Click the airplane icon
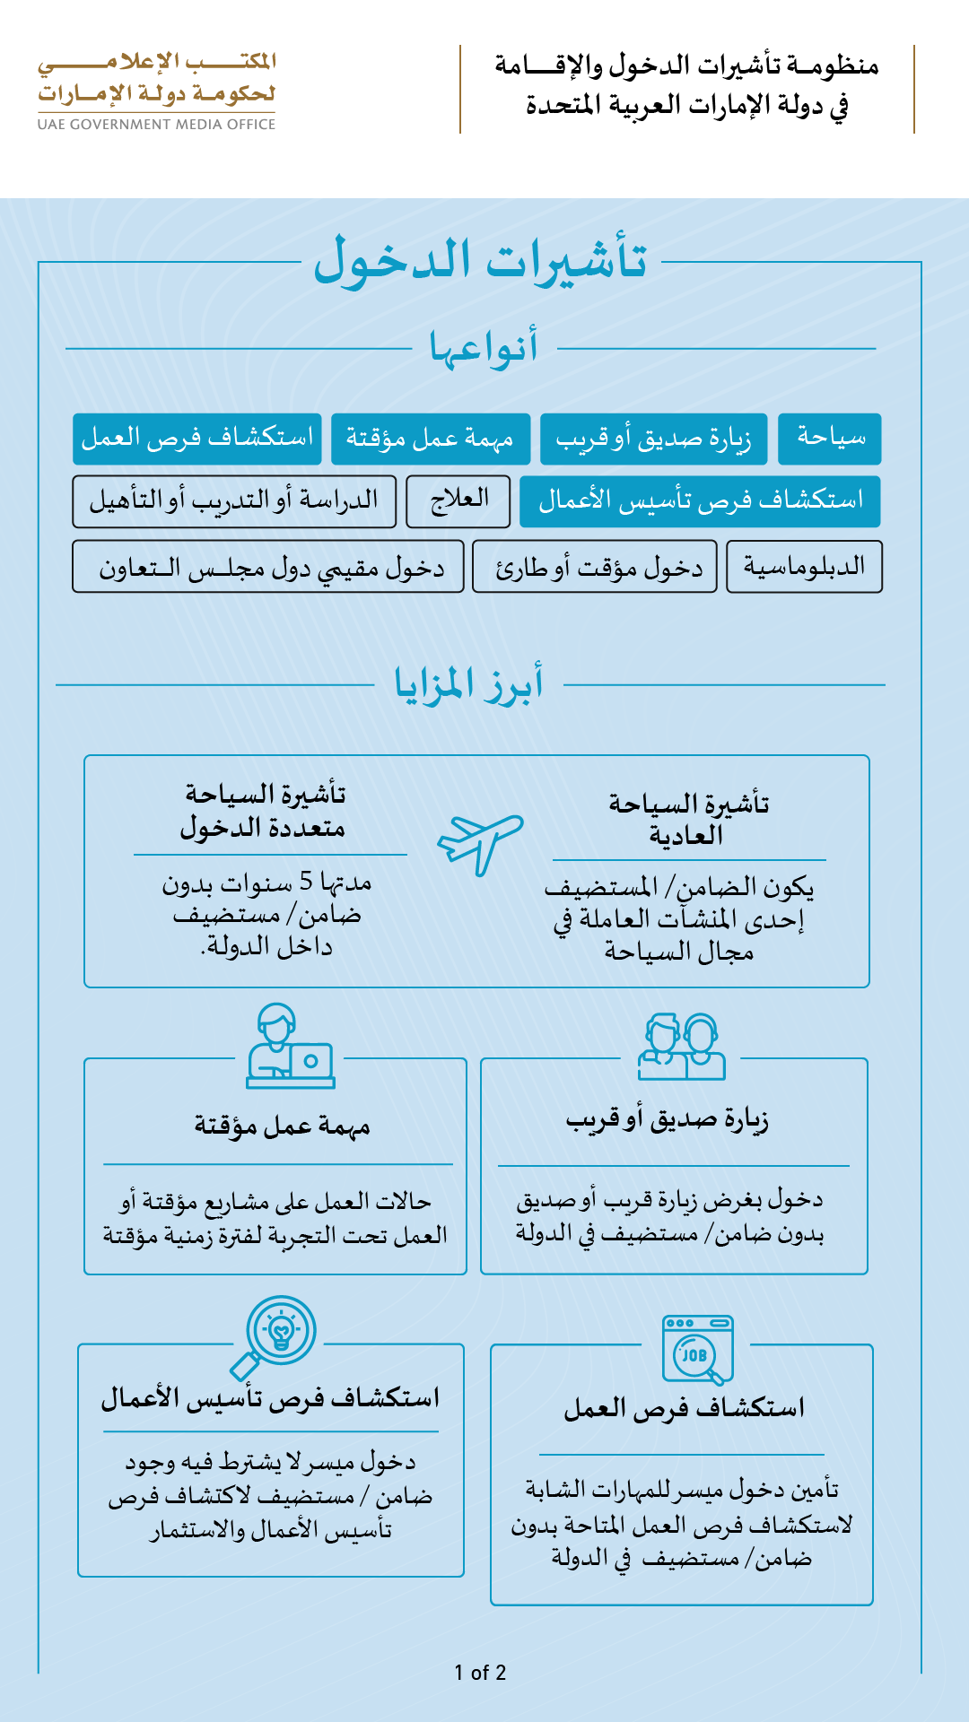tap(480, 844)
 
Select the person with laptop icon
tap(290, 1047)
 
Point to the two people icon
tap(682, 1047)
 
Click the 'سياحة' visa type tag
tap(830, 439)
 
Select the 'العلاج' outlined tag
tap(458, 500)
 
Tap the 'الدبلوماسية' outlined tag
tap(804, 567)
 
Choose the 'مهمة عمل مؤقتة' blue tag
tap(431, 439)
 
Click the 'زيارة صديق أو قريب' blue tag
tap(653, 439)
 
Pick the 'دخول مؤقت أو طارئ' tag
tap(595, 567)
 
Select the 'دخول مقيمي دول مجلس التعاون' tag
tap(268, 567)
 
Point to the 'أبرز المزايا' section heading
tap(469, 684)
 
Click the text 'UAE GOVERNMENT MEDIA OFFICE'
tap(156, 125)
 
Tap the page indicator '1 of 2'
tap(480, 1673)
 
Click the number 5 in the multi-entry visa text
tap(306, 882)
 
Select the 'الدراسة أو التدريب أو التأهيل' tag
tap(234, 500)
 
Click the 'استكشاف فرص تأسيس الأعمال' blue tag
tap(700, 500)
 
